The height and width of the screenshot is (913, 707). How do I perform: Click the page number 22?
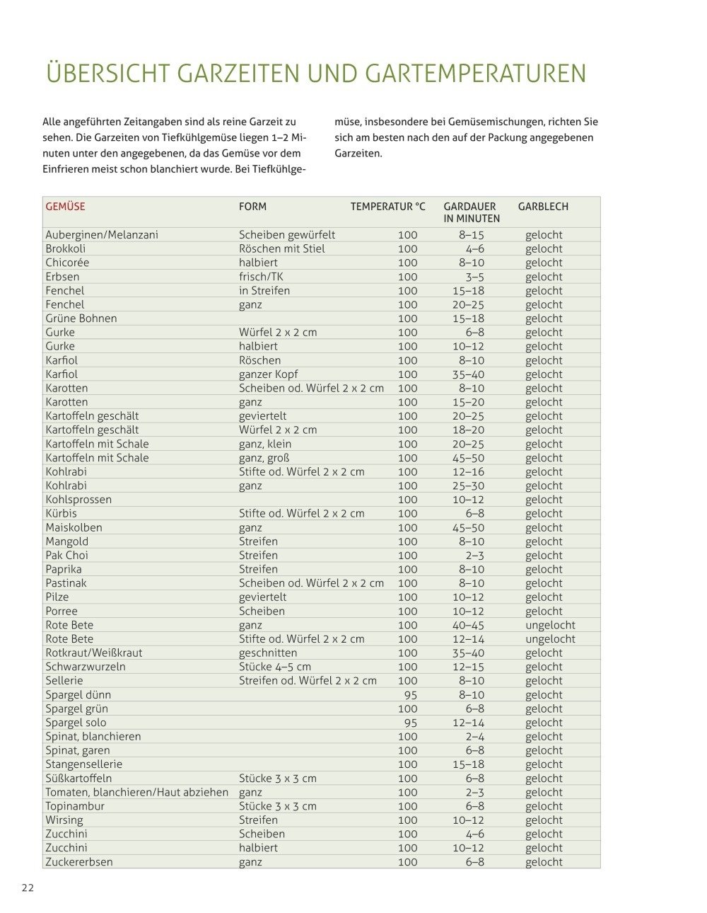pos(28,888)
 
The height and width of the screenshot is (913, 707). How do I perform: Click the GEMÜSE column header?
pos(65,207)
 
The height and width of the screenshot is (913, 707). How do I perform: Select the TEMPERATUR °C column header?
pos(388,207)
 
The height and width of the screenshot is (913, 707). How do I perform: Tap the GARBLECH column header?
pos(543,207)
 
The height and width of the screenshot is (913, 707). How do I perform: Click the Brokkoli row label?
pos(66,248)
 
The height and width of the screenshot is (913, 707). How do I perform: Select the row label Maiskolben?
pos(74,527)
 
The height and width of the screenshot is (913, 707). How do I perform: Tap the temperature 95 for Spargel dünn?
pos(410,695)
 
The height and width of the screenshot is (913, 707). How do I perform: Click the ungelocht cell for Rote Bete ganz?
pos(550,625)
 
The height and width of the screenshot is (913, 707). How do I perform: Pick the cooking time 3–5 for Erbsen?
pos(474,277)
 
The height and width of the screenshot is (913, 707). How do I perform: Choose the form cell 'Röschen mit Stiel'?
pos(282,248)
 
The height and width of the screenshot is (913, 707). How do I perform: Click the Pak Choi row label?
pos(67,556)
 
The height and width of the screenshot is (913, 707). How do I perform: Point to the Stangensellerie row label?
pos(84,764)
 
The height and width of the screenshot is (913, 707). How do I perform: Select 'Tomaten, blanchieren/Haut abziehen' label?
pos(137,792)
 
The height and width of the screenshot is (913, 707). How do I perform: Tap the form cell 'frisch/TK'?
pos(261,277)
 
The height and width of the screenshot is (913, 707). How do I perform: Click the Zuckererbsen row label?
pos(79,862)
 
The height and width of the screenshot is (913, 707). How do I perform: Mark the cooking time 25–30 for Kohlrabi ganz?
pos(468,486)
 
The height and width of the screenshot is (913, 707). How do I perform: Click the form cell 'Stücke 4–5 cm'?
pos(275,667)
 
